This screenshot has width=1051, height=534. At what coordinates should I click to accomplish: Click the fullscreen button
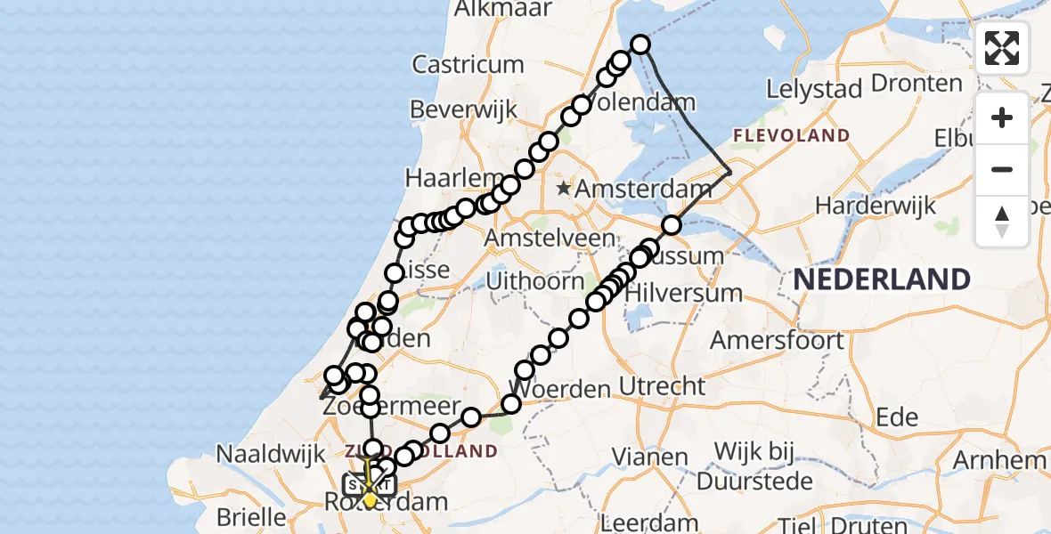coord(1002,48)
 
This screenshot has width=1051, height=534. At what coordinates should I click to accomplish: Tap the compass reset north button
coord(1002,222)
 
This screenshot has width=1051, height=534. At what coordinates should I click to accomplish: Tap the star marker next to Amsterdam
coord(563,189)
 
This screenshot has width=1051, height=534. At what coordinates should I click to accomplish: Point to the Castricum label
coord(468,64)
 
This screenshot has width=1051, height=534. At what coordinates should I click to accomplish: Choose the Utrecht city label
coord(662,386)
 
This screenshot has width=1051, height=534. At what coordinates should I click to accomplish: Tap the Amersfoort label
coord(778,340)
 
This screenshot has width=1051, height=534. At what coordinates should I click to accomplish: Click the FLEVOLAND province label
coord(791,135)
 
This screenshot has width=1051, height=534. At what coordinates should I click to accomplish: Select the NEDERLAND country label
coord(881,279)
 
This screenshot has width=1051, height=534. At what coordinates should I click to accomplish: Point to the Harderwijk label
coord(876,206)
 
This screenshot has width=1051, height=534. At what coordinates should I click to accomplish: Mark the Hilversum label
coord(684,293)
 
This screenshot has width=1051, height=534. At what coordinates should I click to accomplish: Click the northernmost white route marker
coord(640,44)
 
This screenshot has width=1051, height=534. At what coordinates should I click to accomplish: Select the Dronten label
coord(917,84)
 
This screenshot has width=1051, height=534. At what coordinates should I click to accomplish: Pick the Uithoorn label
coord(535,281)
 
